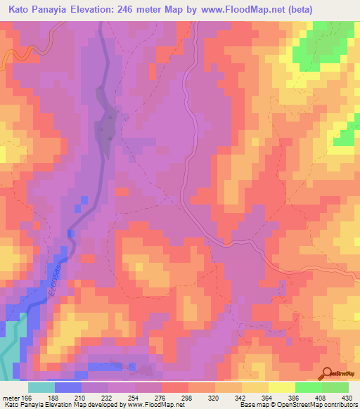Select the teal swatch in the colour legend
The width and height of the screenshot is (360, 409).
[41, 387]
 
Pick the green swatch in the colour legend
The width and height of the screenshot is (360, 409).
[335, 387]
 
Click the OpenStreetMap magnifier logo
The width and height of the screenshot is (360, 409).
[326, 372]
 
